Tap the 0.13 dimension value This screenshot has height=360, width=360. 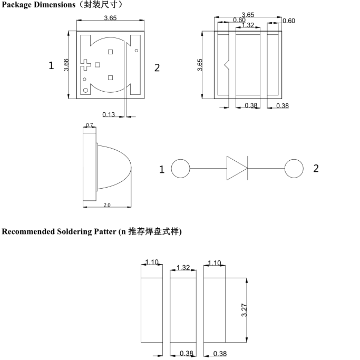[x=109, y=114]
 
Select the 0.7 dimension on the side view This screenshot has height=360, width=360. [x=89, y=125]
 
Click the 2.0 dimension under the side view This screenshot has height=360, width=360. [x=107, y=205]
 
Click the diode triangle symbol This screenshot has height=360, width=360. [x=237, y=168]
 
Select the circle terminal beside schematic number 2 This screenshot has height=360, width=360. [x=294, y=169]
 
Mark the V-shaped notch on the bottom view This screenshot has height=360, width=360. [x=227, y=65]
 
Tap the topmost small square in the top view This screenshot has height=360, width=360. [x=110, y=52]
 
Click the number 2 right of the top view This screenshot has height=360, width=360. [x=157, y=67]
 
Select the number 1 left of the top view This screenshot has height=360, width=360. [x=51, y=66]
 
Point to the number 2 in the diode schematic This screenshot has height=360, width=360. [x=316, y=169]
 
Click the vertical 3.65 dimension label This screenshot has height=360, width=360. [x=200, y=66]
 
